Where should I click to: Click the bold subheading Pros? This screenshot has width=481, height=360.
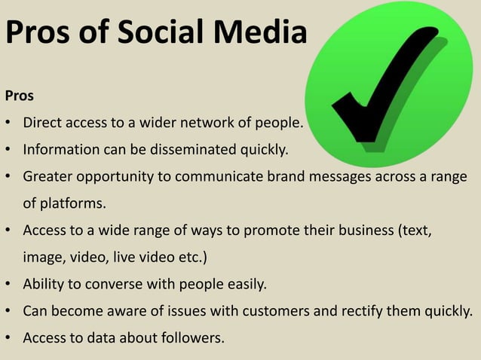pos(20,96)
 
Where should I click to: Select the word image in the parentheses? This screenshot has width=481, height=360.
pos(43,258)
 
